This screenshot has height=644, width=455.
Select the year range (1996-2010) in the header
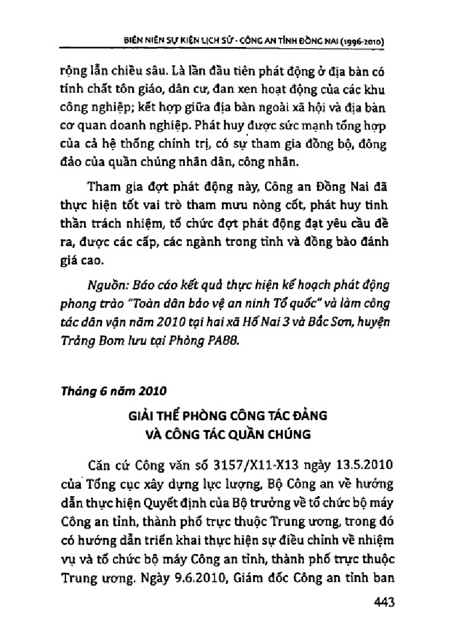pyautogui.click(x=354, y=42)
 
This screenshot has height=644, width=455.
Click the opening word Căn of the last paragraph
pyautogui.click(x=102, y=463)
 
